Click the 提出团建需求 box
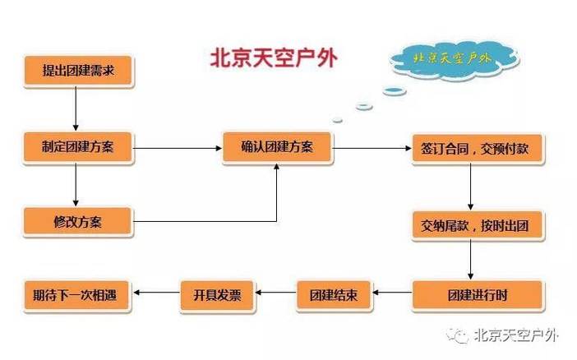point(77,71)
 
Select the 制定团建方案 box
point(77,148)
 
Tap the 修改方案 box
point(77,220)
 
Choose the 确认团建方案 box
point(276,148)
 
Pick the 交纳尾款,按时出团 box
point(477,224)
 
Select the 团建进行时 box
point(477,293)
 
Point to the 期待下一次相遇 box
point(77,293)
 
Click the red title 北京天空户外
point(274,59)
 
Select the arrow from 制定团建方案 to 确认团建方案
point(177,149)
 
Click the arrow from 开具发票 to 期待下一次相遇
point(156,293)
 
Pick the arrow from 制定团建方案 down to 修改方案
point(76,184)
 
